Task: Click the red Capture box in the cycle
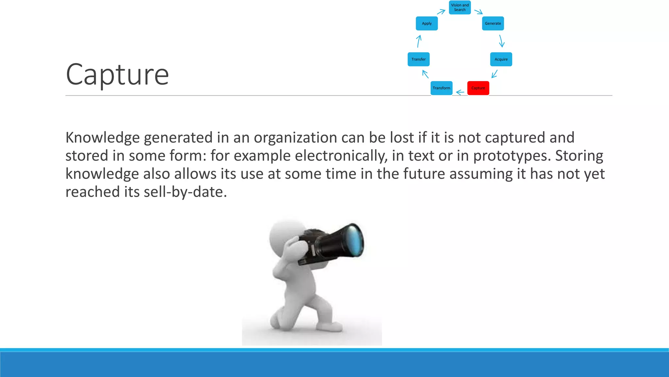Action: click(x=478, y=88)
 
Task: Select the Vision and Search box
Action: click(x=460, y=7)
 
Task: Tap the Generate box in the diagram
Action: click(x=493, y=24)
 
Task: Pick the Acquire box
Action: click(x=501, y=59)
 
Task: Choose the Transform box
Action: click(x=441, y=88)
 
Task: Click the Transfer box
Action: click(x=418, y=59)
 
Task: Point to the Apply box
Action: click(x=427, y=24)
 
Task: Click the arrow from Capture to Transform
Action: click(x=460, y=92)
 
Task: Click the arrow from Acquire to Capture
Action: click(x=495, y=74)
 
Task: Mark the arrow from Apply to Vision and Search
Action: click(x=441, y=12)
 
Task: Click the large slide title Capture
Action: click(x=117, y=75)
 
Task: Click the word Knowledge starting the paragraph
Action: click(x=103, y=137)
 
